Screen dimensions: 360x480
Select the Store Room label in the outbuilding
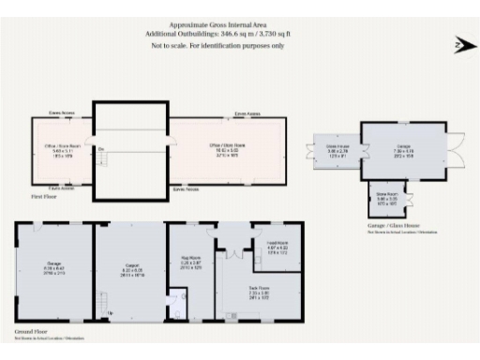point(387,198)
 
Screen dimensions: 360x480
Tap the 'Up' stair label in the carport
point(112,313)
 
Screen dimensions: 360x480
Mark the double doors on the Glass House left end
point(316,152)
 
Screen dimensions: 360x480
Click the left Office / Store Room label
point(64,150)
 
